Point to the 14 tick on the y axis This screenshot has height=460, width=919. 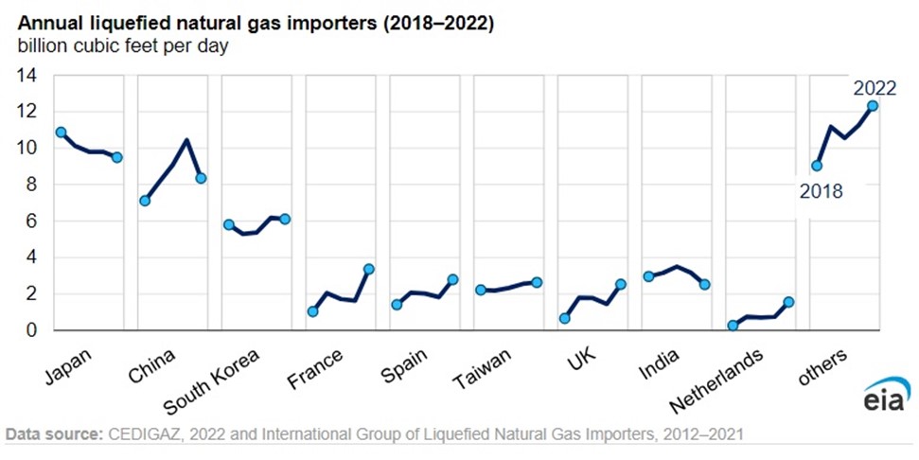tap(27, 75)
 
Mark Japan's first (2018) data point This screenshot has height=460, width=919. tap(61, 133)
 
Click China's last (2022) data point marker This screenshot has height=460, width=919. tap(201, 178)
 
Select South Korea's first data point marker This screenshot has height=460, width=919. tap(228, 224)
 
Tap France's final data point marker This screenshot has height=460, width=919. tap(369, 269)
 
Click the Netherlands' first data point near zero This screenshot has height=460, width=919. tap(733, 326)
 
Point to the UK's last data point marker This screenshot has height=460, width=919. tap(621, 284)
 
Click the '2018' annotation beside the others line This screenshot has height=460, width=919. tap(821, 191)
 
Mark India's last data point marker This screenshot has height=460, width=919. tap(704, 285)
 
